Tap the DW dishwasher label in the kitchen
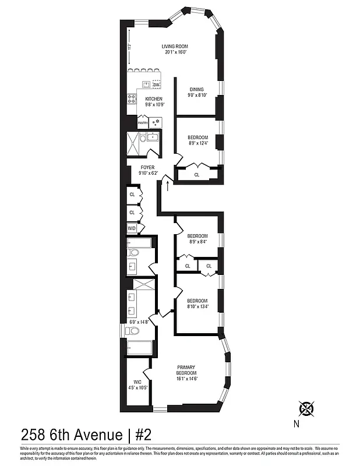[x=156, y=84]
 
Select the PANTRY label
[x=143, y=123]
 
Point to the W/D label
[x=132, y=228]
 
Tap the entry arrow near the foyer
[x=168, y=186]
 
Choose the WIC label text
[x=137, y=382]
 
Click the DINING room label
[x=196, y=89]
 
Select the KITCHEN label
[x=154, y=99]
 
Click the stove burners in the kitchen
[x=130, y=98]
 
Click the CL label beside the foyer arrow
[x=196, y=174]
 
